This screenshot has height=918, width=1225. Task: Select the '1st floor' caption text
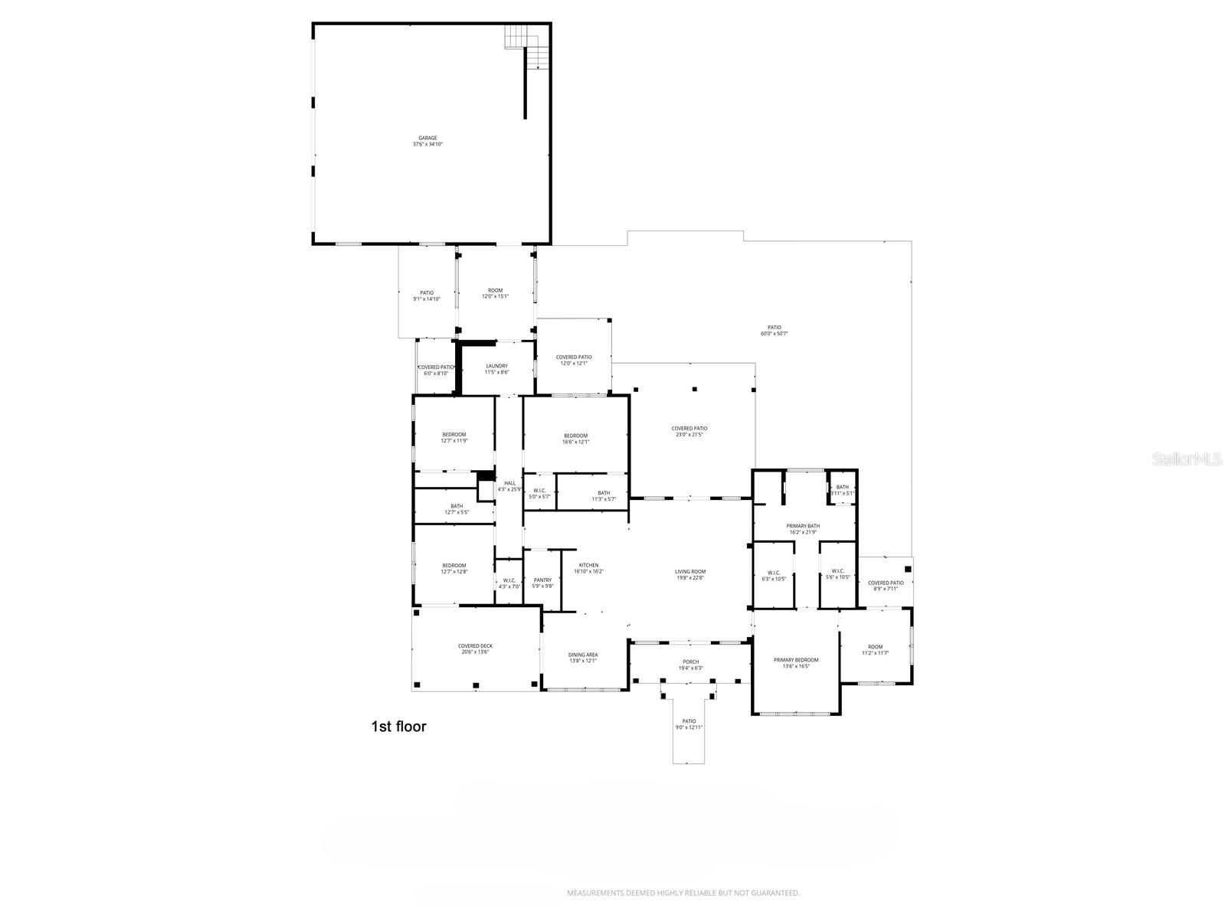(398, 727)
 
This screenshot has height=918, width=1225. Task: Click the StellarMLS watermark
(1191, 459)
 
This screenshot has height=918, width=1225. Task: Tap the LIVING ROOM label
(689, 571)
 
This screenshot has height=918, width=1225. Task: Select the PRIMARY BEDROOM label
(796, 660)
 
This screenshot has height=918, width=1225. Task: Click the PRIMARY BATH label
(803, 526)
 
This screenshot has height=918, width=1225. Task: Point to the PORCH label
(690, 662)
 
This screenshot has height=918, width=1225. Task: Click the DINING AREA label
(582, 655)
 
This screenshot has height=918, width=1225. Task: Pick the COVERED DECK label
(475, 646)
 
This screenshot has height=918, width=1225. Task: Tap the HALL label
(509, 483)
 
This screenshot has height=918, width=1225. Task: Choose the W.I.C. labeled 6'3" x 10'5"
(773, 575)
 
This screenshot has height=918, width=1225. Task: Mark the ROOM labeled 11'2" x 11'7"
(875, 650)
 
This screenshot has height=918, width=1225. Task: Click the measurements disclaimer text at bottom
(683, 893)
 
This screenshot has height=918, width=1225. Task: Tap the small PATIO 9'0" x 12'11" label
(689, 724)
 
